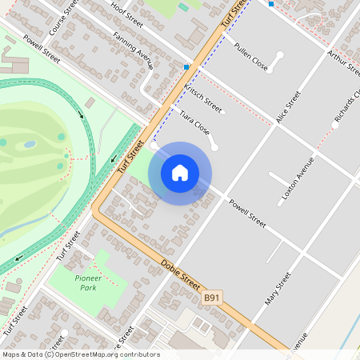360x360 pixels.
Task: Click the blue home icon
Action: coord(180,173)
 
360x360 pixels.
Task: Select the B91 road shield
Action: coord(211,297)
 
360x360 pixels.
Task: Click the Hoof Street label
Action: coord(127,14)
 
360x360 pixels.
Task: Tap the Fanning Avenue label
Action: coord(133,50)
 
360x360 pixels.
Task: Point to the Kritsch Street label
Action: coord(203,97)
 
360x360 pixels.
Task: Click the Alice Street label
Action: coord(288,106)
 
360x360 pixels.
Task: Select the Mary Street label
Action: coord(278,289)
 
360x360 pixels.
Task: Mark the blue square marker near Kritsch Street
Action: coord(186,67)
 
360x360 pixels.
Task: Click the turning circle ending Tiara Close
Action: coord(214,146)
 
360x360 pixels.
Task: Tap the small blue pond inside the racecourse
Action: coord(30,145)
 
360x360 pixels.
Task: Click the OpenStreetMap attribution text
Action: coord(80,354)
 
